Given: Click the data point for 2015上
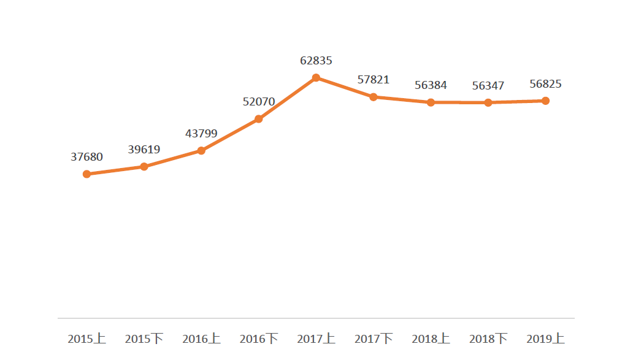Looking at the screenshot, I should point(86,174).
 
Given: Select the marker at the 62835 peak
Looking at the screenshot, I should point(316,78).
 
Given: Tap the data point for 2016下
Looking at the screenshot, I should point(259,119).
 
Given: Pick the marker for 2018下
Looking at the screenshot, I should point(488,102).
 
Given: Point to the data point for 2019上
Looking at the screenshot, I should point(545,101).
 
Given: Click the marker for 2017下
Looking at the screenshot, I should point(373,97).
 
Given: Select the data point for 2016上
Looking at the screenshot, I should point(201,151).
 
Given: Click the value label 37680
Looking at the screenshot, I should point(86,157).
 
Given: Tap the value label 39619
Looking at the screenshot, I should point(144,150).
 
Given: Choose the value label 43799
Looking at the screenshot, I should point(201,134).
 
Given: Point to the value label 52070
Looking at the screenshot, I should point(259,102).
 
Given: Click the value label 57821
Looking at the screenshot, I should point(373,80).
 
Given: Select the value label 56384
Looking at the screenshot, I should point(431,85).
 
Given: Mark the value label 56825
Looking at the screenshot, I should point(545,84).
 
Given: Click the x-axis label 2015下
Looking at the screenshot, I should point(144,339).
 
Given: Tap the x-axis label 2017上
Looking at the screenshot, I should point(316,339).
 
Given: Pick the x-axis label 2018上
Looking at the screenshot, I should point(431,339).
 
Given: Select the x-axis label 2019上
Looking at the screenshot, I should point(545,339).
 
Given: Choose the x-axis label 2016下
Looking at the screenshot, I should point(259,339).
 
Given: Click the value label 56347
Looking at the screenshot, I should point(488,85).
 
